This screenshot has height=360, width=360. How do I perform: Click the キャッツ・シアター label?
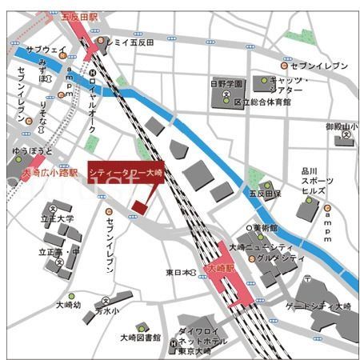pos(290,86)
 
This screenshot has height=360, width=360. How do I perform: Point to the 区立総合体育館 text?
pos(262,102)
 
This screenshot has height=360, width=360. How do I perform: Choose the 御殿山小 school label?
pos(342,126)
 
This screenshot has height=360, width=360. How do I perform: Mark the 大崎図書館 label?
pos(140,337)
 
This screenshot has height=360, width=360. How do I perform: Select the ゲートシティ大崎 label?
pos(319,306)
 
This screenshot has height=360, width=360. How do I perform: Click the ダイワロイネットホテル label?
pos(202,335)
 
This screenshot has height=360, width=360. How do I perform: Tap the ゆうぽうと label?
pos(33,150)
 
